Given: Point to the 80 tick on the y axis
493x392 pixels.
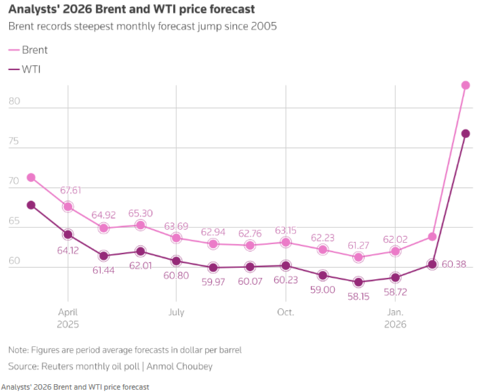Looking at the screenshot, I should tap(14, 102).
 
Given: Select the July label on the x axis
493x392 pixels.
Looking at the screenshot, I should tap(176, 313).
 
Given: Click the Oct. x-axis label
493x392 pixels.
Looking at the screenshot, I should tap(285, 313).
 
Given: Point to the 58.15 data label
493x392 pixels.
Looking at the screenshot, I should tap(359, 297).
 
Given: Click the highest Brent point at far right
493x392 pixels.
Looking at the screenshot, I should tap(466, 85).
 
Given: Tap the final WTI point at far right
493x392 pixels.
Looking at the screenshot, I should tap(466, 133).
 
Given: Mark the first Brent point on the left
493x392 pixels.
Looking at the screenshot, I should tap(31, 177).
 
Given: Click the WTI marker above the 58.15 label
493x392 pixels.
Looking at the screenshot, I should tap(359, 282).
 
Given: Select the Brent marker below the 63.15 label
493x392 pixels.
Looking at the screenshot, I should tap(285, 242).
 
